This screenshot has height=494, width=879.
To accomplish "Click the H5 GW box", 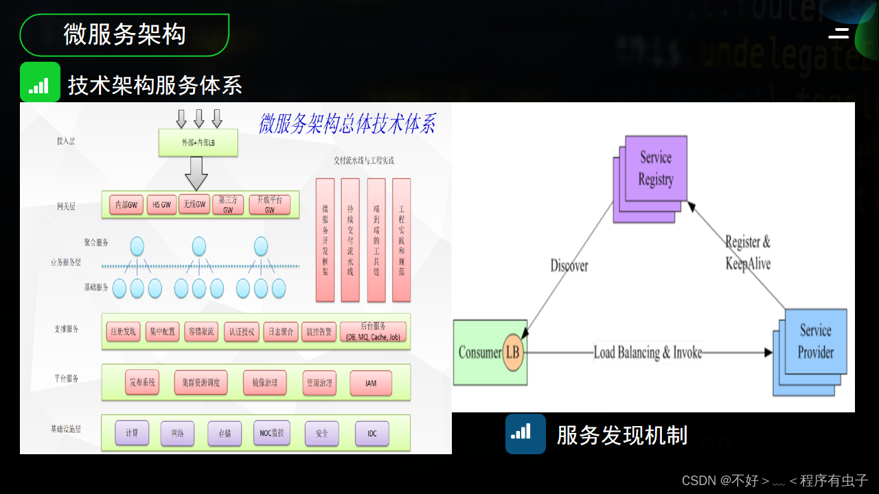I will click(161, 204).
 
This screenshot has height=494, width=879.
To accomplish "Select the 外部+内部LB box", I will click(198, 143).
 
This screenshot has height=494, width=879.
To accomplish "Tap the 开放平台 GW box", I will click(269, 204).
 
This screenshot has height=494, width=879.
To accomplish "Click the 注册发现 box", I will click(124, 332).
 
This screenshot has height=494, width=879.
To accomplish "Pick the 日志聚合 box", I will click(281, 332).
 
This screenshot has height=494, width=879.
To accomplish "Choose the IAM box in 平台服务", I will click(372, 384).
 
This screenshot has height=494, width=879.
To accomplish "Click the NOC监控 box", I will click(272, 433).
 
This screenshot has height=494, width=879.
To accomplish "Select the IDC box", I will click(372, 434).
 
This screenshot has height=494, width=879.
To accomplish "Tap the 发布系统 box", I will click(142, 383).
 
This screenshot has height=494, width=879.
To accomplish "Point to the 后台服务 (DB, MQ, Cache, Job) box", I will click(373, 332).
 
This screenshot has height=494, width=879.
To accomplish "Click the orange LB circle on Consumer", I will click(512, 353).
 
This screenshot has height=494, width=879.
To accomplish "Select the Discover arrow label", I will click(569, 266).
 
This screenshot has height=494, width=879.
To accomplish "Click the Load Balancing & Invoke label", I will click(648, 353).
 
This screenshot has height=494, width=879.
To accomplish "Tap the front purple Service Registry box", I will click(655, 169).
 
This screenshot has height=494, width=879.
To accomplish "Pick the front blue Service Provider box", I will click(815, 341).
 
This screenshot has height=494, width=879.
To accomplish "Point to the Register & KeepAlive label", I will click(748, 252).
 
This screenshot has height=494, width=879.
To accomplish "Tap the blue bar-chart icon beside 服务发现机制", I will click(525, 434).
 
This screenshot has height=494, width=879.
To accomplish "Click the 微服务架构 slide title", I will click(124, 34).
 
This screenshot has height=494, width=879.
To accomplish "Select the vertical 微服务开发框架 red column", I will click(326, 240).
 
